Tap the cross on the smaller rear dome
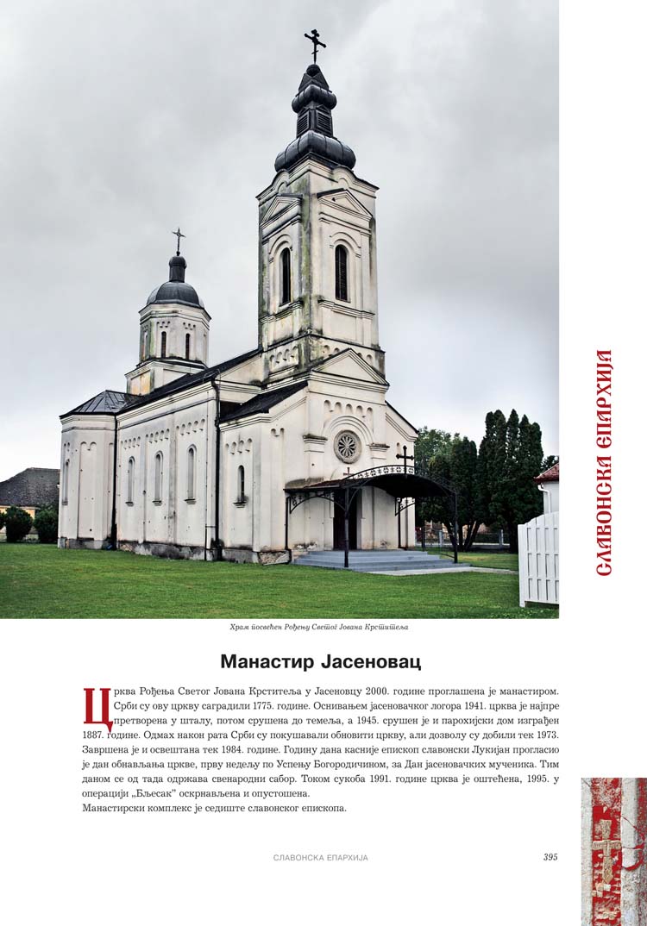(x=179, y=240)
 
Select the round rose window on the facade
(x=347, y=447)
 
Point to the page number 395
(x=550, y=857)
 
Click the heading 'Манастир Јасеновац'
(x=321, y=661)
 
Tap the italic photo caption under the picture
(x=319, y=627)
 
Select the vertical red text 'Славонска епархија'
(x=604, y=463)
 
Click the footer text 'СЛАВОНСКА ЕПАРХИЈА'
(x=320, y=858)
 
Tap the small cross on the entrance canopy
(x=403, y=455)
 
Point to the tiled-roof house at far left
(x=29, y=488)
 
